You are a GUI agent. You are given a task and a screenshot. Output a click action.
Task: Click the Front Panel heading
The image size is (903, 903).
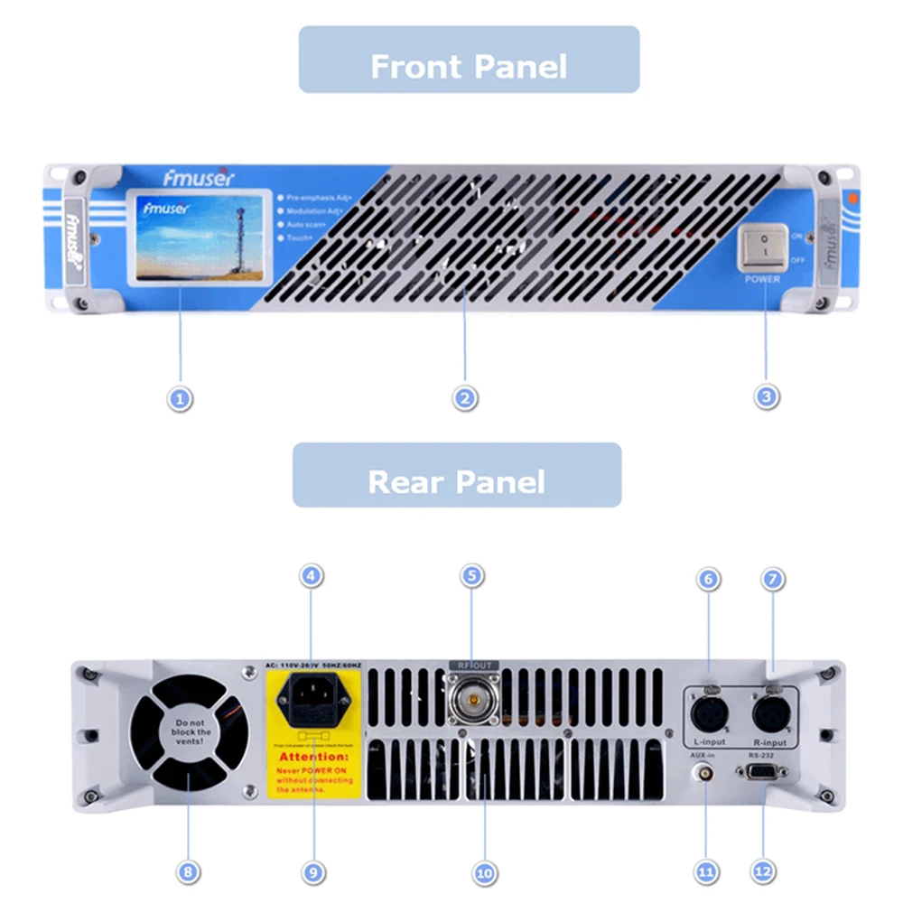click(469, 66)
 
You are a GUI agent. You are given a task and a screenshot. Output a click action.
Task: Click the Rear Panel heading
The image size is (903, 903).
click(456, 481)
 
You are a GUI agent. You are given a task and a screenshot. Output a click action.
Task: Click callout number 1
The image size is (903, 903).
click(181, 396)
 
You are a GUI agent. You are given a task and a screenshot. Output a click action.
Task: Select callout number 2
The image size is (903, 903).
click(465, 396)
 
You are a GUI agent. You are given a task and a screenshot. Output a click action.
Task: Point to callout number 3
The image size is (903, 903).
click(767, 396)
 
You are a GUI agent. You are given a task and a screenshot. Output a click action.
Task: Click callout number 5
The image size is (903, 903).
click(471, 575)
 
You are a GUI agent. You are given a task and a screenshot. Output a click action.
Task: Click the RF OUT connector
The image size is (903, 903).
click(472, 698)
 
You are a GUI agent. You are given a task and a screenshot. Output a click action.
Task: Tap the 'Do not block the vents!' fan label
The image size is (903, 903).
click(191, 732)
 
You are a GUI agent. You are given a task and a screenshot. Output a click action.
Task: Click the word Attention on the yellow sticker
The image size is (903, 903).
click(312, 756)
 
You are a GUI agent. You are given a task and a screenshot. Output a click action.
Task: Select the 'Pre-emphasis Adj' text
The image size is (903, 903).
click(319, 195)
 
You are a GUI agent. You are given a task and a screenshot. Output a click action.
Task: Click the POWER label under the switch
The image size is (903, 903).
click(762, 279)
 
